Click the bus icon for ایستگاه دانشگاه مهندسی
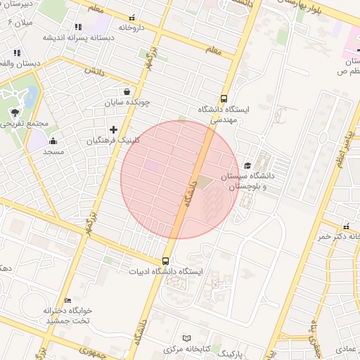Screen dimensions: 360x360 coord(224,98)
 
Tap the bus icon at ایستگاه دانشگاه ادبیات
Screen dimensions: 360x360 coord(167,260)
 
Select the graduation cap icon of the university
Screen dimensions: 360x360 coord(247,165)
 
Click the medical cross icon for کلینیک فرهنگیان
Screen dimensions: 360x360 coord(113,129)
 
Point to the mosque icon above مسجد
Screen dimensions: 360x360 coord(53,141)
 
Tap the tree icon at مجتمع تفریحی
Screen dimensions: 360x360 coord(14,112)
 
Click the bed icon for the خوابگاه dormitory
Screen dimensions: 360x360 coord(68,300)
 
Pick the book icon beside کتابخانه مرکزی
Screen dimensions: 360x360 coord(186,338)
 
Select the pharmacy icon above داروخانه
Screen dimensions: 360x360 coord(132,18)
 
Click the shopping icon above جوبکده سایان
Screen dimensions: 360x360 coord(127,91)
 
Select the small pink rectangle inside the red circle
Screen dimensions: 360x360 coord(152,165)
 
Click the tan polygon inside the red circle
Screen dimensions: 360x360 coord(202,183)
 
